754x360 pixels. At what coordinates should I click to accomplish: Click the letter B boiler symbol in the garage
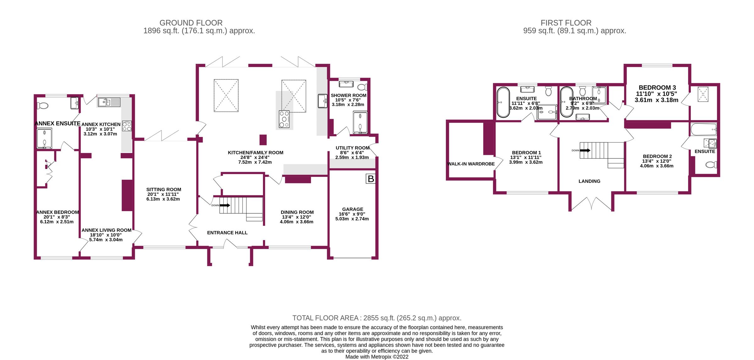371,179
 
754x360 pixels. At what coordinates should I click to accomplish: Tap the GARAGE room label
352,209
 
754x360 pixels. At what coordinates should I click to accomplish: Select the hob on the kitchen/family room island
284,119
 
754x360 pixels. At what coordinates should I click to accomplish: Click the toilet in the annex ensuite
43,106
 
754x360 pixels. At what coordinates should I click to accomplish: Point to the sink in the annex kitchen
109,102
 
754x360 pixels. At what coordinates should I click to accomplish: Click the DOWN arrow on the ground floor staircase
224,205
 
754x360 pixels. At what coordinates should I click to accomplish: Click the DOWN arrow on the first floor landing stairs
585,150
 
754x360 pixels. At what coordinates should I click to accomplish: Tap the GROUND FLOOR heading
191,23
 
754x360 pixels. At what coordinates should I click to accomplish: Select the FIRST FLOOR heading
566,23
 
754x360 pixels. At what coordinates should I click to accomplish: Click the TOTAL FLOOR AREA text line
377,318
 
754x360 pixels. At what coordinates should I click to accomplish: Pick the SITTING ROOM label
164,189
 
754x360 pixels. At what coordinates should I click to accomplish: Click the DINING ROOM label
297,212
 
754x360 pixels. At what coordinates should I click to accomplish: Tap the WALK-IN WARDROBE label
471,164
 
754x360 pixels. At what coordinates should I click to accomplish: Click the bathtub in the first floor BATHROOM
566,102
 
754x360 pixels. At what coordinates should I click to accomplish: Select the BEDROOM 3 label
657,88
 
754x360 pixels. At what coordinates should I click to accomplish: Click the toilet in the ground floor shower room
362,87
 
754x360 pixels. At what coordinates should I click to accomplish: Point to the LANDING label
589,181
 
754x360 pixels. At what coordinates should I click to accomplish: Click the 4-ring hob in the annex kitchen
127,126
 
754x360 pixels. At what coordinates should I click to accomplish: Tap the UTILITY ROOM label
352,148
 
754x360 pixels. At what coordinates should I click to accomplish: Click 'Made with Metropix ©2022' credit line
377,357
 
